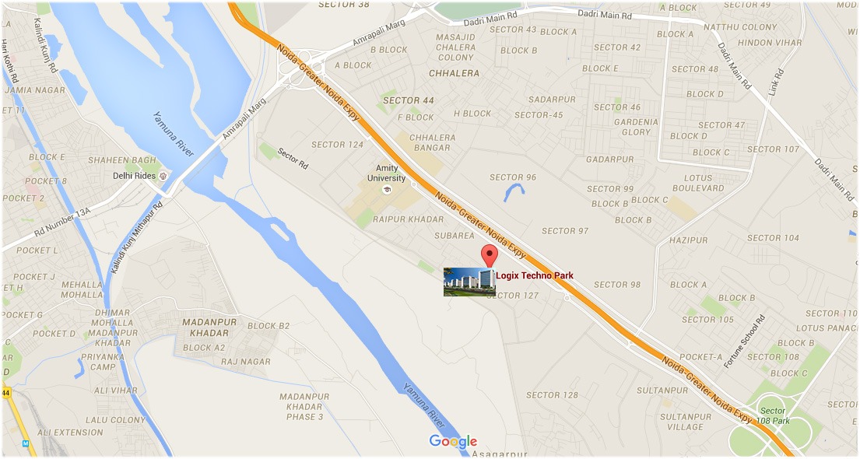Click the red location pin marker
click(x=489, y=255)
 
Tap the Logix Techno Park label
click(x=535, y=275)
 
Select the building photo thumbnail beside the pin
click(x=469, y=282)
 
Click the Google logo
click(x=453, y=442)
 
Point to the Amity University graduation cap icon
click(x=386, y=189)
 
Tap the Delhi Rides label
click(x=133, y=176)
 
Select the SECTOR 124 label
click(x=337, y=145)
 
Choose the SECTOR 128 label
click(x=552, y=395)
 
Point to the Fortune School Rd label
click(x=745, y=342)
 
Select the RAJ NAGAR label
click(x=246, y=362)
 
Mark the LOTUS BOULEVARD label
click(x=698, y=183)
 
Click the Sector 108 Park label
click(x=774, y=415)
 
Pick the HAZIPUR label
click(x=689, y=240)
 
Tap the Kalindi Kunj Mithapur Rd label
click(x=135, y=238)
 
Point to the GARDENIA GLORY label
click(x=636, y=127)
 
